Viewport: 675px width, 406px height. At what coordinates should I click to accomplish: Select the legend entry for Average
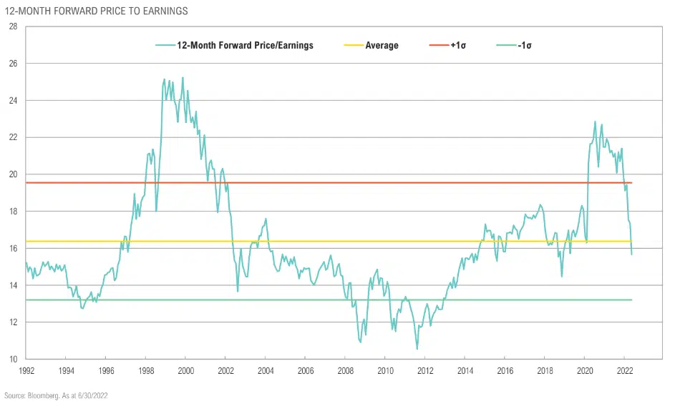(382, 46)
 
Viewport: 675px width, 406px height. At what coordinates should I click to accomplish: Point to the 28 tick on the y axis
(13, 26)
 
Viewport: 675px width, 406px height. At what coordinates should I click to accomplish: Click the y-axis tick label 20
(13, 174)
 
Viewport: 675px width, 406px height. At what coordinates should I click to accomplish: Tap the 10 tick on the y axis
(13, 359)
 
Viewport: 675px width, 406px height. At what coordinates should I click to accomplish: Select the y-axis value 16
(13, 248)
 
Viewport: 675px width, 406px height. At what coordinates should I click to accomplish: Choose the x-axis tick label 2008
(344, 370)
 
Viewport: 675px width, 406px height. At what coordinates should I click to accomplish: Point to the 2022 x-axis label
(623, 370)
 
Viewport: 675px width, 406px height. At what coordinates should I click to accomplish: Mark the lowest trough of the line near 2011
(417, 349)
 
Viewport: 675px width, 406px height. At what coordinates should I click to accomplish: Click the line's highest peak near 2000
(183, 78)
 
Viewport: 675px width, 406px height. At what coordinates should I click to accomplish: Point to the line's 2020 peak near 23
(595, 122)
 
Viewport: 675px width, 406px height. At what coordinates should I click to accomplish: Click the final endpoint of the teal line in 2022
(631, 254)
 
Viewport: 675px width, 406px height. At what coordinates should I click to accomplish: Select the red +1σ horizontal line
(322, 183)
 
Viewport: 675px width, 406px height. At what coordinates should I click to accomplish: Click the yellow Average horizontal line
(322, 241)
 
